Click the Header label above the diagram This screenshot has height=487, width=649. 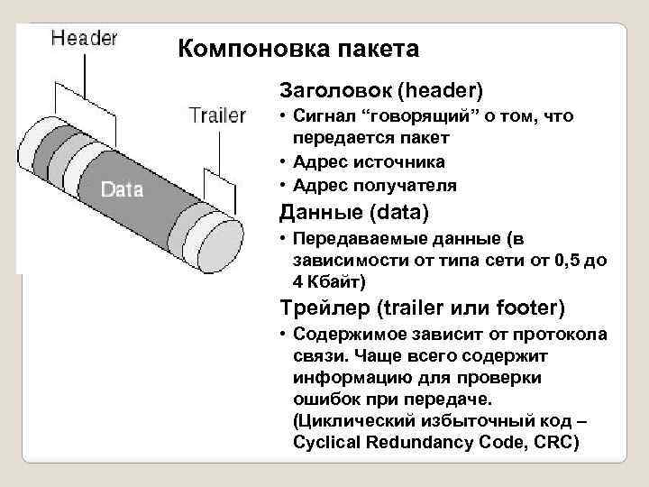click(85, 38)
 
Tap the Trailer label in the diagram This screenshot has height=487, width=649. click(217, 115)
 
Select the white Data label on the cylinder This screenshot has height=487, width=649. click(122, 189)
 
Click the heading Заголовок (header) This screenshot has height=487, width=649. click(381, 90)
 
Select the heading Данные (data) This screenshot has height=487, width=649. click(354, 213)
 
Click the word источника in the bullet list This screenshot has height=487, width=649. click(400, 162)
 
